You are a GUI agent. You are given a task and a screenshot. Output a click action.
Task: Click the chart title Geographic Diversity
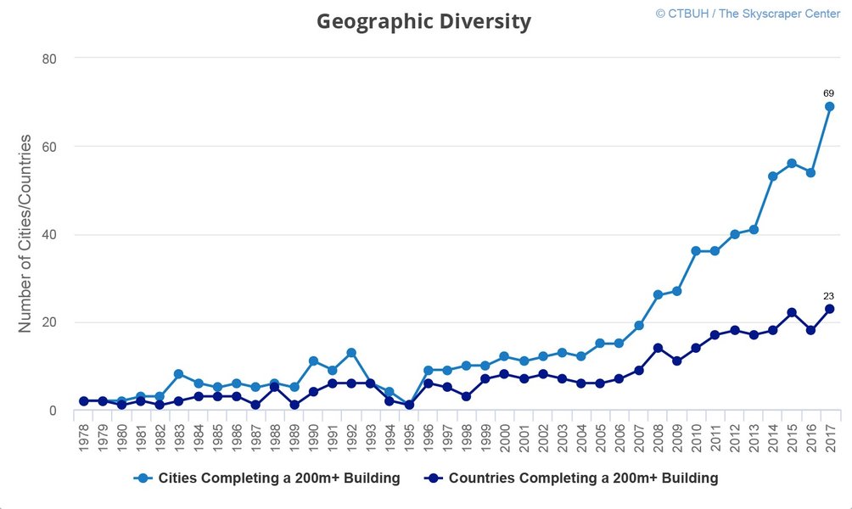(423, 21)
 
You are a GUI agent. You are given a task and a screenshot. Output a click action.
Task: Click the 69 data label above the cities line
(828, 92)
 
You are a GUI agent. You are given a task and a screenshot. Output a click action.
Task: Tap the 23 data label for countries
(828, 296)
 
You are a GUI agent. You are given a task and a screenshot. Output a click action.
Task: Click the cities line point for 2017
(829, 106)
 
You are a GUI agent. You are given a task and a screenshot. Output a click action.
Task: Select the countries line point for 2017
(829, 309)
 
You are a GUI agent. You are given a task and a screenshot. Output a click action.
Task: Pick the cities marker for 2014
(772, 176)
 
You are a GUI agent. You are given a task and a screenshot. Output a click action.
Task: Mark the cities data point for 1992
(350, 353)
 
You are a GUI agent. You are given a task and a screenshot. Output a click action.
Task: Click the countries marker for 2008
(658, 348)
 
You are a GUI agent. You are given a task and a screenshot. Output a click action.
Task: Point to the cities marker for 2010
(696, 251)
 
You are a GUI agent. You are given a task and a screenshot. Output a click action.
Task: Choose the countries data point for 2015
(791, 313)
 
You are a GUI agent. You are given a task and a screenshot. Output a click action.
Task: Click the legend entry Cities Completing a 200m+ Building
(268, 478)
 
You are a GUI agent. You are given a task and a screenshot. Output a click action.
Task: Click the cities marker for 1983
(179, 374)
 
